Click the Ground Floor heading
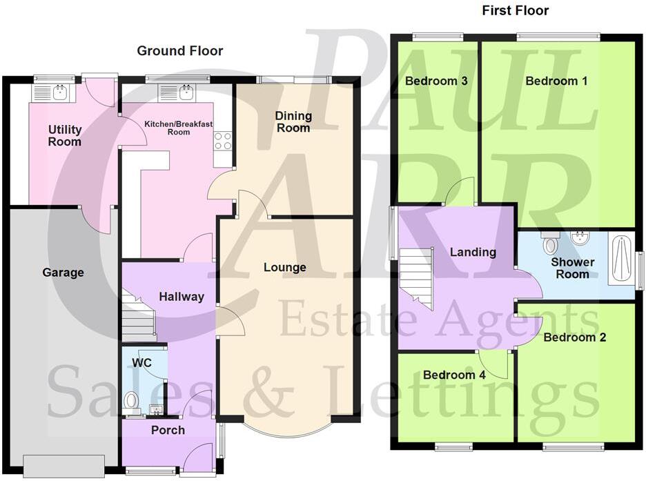179,51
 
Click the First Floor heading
515,10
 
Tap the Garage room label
63,273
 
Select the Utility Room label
65,135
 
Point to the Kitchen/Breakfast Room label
178,128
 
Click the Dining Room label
293,121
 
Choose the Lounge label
284,267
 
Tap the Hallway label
182,297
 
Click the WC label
142,362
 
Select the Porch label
168,430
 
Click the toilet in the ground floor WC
131,401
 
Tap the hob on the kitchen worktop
223,141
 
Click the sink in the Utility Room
58,92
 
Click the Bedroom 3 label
436,81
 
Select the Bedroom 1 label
556,81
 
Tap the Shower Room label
573,268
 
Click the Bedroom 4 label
454,375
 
